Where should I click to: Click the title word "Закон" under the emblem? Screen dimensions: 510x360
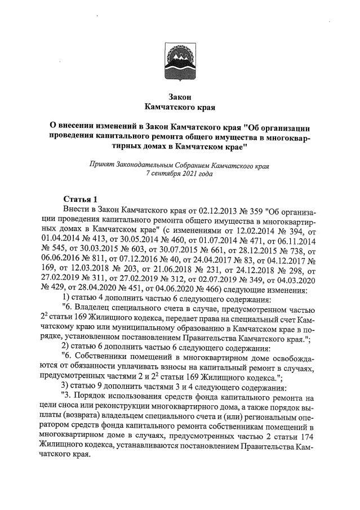click(180, 96)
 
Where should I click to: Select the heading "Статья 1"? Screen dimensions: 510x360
click(81, 199)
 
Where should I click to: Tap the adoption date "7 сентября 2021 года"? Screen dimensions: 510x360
click(179, 174)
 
